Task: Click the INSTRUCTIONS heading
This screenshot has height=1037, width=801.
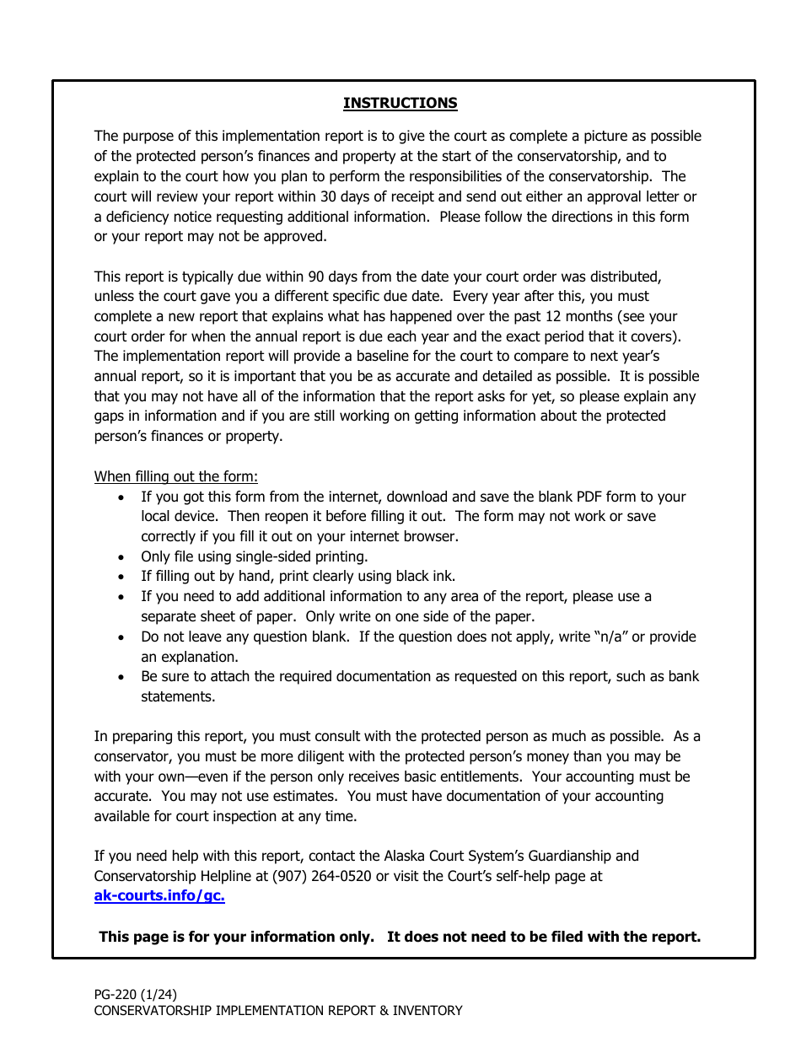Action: click(400, 103)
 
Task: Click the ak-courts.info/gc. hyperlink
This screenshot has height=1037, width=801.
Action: click(159, 896)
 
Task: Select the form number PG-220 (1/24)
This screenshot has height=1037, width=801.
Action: click(136, 994)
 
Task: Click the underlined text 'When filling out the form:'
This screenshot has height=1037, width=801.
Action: click(175, 476)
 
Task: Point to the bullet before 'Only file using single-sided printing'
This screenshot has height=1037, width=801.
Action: click(122, 557)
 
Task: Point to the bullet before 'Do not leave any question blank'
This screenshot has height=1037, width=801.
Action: click(122, 637)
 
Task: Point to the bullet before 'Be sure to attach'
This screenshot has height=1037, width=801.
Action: click(122, 677)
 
